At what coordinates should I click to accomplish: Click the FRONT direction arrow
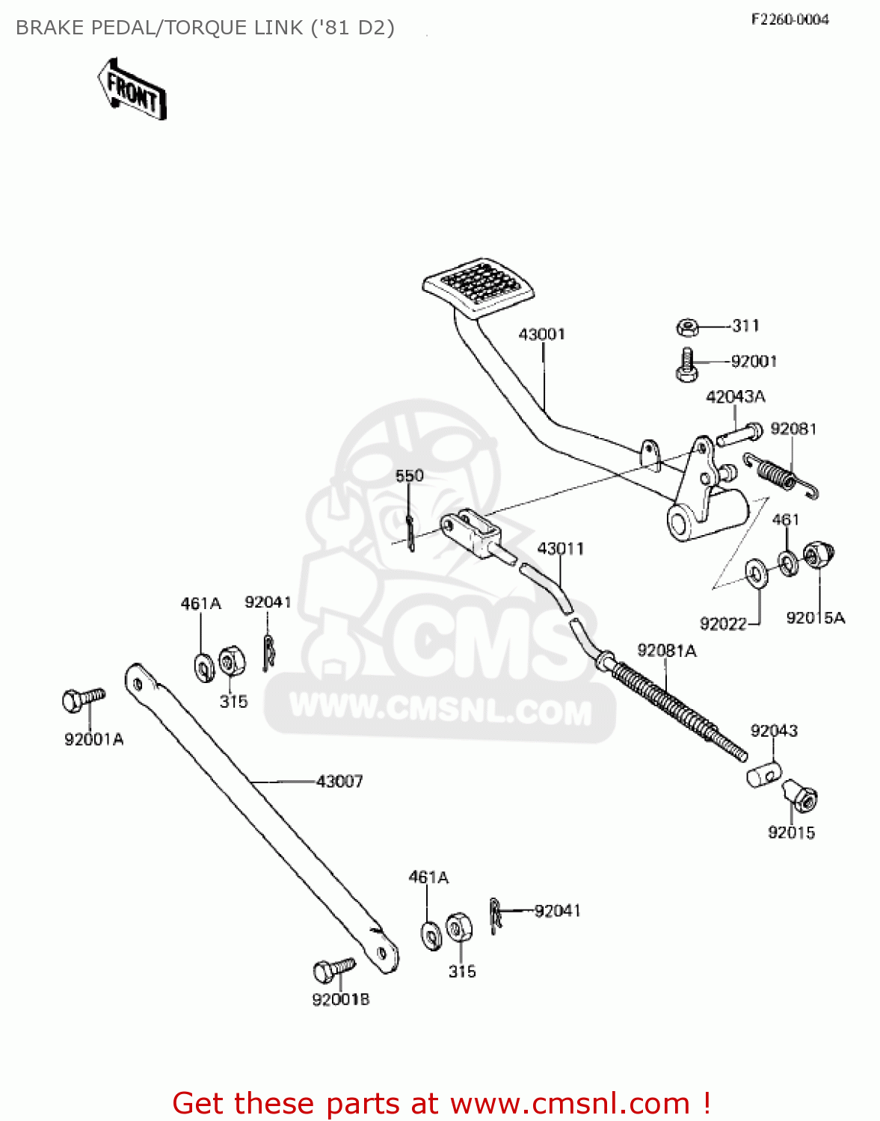coord(132,88)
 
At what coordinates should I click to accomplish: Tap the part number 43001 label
coord(542,334)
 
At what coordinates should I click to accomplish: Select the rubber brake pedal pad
coord(479,288)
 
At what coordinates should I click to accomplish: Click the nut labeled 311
coord(688,327)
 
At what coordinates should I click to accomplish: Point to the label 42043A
coord(736,396)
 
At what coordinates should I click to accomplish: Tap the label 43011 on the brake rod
coord(561,549)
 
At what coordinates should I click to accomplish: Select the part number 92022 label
coord(723,623)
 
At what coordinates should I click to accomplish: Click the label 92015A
coord(815,617)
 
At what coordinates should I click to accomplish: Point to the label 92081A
coord(667,650)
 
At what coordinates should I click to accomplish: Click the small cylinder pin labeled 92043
coord(763,774)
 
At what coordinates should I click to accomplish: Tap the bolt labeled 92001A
coord(81,699)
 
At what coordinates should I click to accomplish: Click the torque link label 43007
coord(339,781)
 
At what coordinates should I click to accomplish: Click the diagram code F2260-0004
coord(790,19)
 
